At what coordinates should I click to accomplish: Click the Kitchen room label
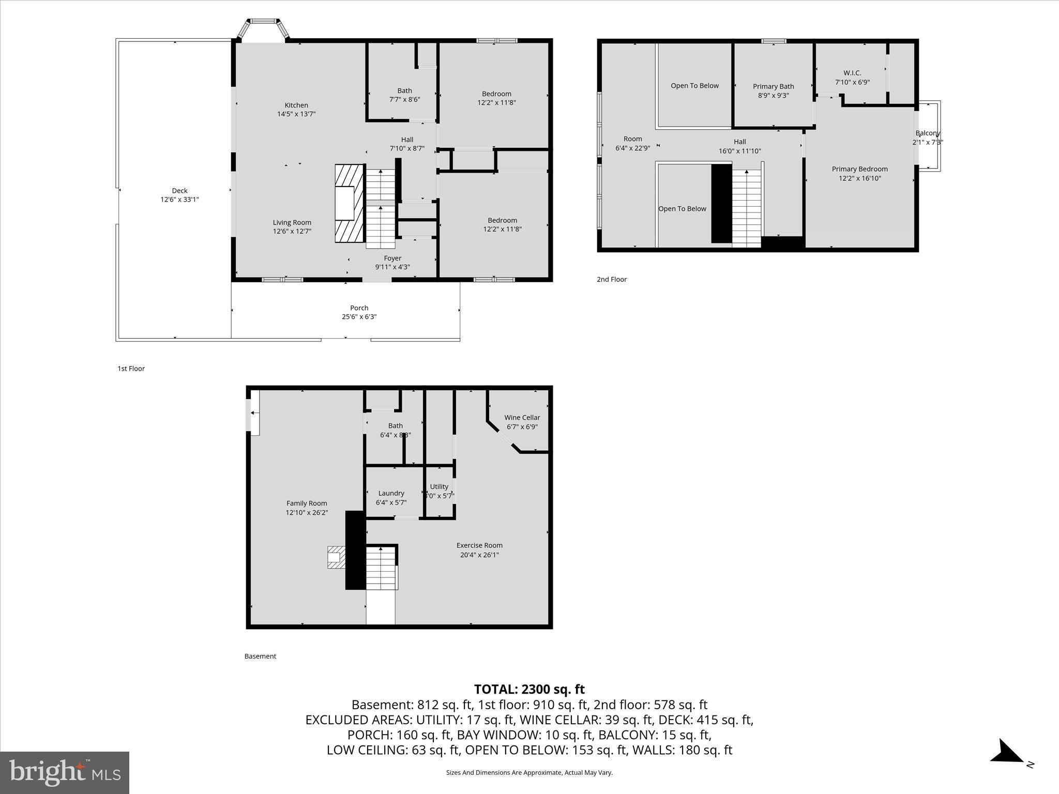pos(296,105)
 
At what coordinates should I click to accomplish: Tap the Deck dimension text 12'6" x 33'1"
pos(179,200)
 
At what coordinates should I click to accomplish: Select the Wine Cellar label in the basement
pos(522,418)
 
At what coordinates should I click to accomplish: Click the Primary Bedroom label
pos(859,169)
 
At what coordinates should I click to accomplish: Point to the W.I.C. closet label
pos(852,73)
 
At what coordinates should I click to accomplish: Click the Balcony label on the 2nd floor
pos(927,133)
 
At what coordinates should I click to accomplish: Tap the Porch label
pos(359,308)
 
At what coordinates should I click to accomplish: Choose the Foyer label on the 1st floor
pos(392,258)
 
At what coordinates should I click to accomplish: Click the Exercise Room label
pos(479,545)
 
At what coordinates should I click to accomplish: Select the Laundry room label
pos(391,494)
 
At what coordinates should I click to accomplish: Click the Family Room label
pos(307,503)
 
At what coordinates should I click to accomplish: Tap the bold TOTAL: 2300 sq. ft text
pos(529,689)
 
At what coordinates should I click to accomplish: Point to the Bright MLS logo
pos(65,773)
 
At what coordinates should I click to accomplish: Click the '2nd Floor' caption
pos(611,280)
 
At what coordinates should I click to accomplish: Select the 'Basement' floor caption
pos(260,656)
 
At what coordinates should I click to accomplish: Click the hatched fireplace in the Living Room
pos(349,203)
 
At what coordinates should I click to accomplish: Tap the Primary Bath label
pos(773,87)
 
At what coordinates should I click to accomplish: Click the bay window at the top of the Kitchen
pos(263,31)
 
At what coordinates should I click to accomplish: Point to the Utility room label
pos(439,487)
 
